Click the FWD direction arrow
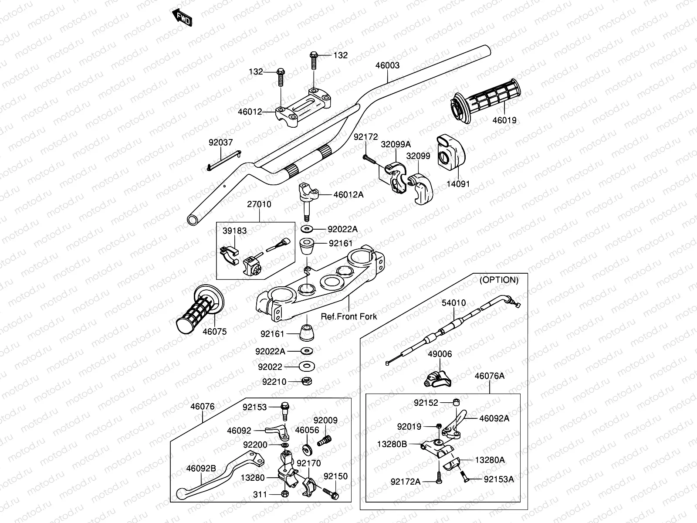point(183,17)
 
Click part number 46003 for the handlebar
point(387,65)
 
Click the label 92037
point(220,143)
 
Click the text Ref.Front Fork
point(349,317)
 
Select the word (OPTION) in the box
point(499,280)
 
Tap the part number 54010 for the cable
point(453,302)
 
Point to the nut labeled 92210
point(306,381)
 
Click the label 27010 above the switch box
point(259,204)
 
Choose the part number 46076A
point(489,376)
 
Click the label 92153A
point(499,479)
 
